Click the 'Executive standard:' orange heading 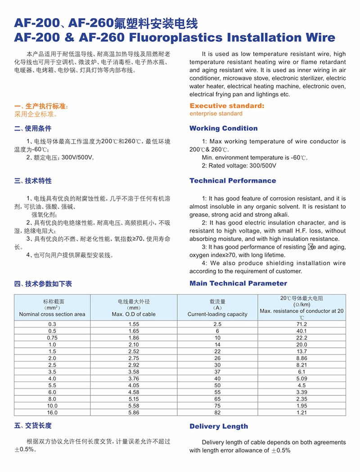point(227,106)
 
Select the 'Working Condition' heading point(223,128)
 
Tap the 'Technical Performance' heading point(233,181)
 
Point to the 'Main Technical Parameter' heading point(238,283)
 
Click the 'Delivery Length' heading point(219,426)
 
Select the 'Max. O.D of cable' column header point(134,314)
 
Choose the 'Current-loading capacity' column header point(217,314)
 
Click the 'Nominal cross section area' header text point(52,314)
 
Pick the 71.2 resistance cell point(301,324)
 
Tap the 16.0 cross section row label point(52,413)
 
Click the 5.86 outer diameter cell point(134,413)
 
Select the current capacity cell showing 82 point(217,413)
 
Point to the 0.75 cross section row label point(52,338)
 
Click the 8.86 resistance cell point(301,358)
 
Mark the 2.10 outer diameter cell point(134,345)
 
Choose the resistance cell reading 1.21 point(301,413)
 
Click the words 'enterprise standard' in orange point(216,114)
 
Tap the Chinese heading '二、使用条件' point(33,128)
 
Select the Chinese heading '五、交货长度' point(33,426)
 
